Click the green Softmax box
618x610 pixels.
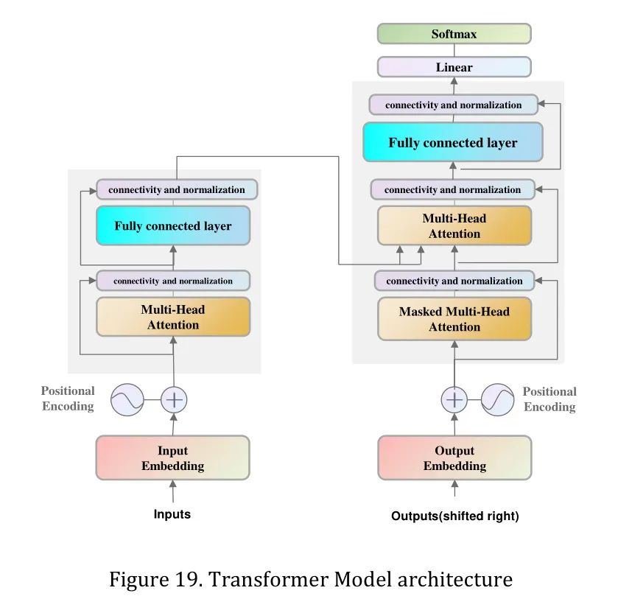tap(454, 34)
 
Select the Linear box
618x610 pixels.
tap(454, 67)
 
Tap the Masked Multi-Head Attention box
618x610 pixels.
tap(454, 319)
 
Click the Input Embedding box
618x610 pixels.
tap(173, 458)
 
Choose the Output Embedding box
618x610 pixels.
tap(454, 458)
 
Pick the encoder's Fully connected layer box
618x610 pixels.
tap(173, 225)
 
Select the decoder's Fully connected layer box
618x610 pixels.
tap(453, 142)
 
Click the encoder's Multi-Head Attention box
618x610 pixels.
tap(173, 317)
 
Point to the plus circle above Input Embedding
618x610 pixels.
tap(174, 400)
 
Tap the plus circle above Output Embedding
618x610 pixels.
tap(454, 400)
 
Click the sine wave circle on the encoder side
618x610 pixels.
tap(127, 400)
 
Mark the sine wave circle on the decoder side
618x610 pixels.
tap(497, 400)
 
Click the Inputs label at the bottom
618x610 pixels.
tap(172, 514)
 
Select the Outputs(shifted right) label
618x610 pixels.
tap(454, 516)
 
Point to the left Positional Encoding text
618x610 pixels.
tap(68, 399)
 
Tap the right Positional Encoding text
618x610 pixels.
tap(549, 399)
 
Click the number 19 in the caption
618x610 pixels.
tap(184, 579)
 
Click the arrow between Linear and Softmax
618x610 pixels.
tap(454, 51)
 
